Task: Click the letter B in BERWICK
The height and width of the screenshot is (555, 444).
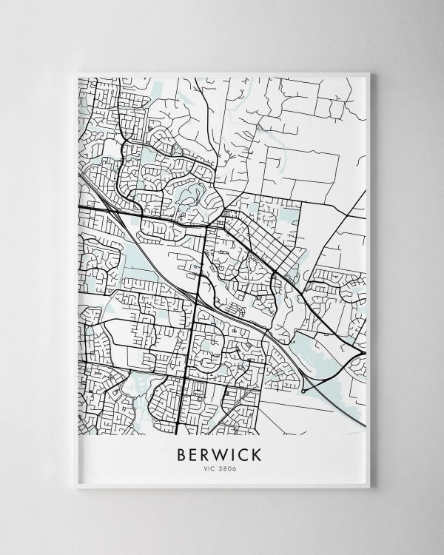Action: (181, 453)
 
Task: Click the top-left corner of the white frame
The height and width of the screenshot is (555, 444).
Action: (76, 72)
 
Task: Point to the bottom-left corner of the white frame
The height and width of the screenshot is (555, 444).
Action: (76, 488)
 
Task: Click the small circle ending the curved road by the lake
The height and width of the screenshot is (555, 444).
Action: (303, 389)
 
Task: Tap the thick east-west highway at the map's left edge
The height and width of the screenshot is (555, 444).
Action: (81, 208)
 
